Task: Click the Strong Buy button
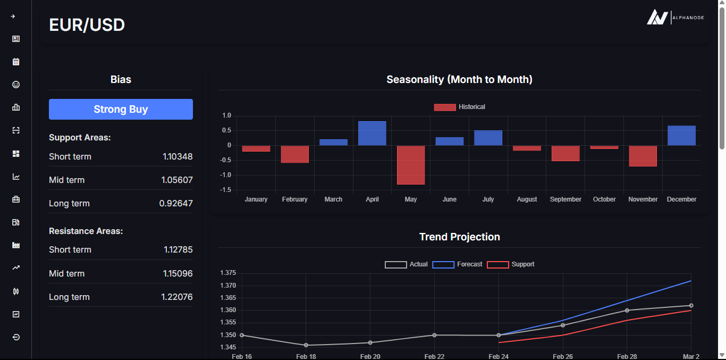tap(121, 109)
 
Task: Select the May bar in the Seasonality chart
tap(411, 165)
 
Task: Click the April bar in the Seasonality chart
tap(372, 133)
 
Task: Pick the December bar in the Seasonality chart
tap(681, 136)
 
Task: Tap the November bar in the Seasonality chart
tap(643, 156)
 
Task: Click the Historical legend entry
tap(460, 107)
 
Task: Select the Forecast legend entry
tap(458, 264)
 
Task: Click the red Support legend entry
tap(511, 264)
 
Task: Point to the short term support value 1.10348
tap(178, 157)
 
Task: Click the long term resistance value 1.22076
tap(177, 297)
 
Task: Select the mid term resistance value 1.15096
tap(178, 274)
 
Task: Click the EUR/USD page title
tap(87, 25)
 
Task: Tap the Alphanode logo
tap(675, 18)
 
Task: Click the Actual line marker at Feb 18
tap(306, 345)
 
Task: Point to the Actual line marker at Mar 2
tap(691, 305)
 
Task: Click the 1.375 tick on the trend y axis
tap(228, 273)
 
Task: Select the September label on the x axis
tap(565, 199)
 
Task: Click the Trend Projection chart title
tap(459, 237)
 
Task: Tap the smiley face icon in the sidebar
tap(16, 85)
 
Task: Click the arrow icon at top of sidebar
tap(13, 16)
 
